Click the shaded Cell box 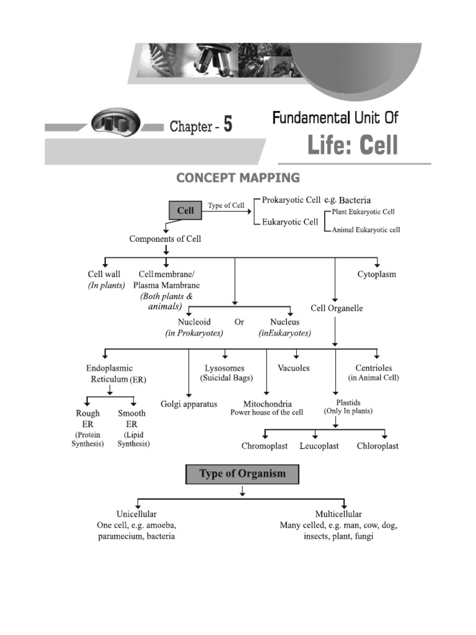pos(185,211)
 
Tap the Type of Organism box pos(242,474)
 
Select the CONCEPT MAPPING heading pos(238,178)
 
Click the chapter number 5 pos(228,126)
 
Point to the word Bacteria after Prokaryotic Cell pos(355,200)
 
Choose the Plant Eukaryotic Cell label pos(363,212)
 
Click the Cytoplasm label pos(376,274)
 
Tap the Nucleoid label pos(194,322)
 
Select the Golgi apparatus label pos(189,404)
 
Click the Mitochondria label pos(267,404)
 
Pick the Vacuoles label pos(294,368)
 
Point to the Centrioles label pos(373,368)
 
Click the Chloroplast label pos(377,446)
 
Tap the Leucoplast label pos(319,446)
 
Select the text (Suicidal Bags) pos(226,378)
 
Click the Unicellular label pos(136,514)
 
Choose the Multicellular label pos(338,514)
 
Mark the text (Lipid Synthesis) pos(133,439)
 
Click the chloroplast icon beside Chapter pos(116,123)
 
